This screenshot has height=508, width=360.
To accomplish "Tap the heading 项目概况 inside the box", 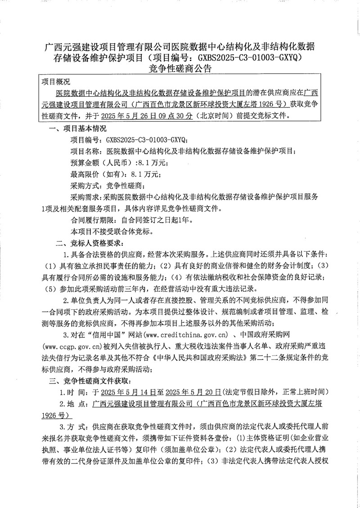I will [x=56, y=82].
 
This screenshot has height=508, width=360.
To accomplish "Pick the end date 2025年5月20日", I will [x=194, y=392].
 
